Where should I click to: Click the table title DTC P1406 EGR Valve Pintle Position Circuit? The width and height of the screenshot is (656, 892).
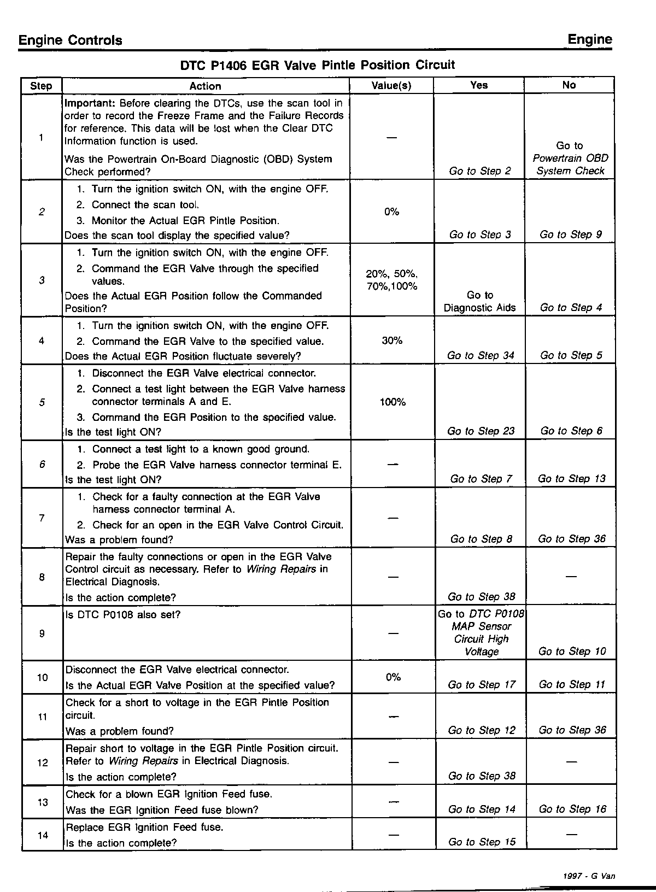(x=317, y=66)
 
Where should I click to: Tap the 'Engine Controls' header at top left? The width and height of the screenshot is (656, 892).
(x=70, y=40)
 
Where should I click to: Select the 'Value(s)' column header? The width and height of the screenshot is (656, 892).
(x=391, y=85)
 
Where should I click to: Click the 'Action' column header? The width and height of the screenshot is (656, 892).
(x=205, y=86)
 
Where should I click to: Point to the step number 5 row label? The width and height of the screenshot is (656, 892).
(x=42, y=403)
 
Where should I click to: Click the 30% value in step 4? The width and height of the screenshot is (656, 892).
(x=392, y=341)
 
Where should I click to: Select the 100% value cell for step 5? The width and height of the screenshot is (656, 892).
(x=393, y=402)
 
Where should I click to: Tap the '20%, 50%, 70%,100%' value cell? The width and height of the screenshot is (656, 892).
(x=392, y=280)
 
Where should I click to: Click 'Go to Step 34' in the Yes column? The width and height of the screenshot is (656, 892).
(x=481, y=356)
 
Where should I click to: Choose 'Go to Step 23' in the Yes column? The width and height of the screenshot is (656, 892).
(x=481, y=431)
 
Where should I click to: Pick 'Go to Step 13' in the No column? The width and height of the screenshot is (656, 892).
(x=572, y=479)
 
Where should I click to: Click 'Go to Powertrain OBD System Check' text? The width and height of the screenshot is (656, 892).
(x=570, y=159)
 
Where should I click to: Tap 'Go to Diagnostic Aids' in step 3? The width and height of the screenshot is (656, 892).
(x=479, y=302)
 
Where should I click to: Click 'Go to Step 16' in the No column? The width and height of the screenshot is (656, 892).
(x=572, y=809)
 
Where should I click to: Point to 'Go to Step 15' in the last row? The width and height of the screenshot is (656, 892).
(x=482, y=842)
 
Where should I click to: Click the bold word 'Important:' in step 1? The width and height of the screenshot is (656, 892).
(x=90, y=103)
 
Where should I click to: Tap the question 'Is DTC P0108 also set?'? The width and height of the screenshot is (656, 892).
(x=123, y=615)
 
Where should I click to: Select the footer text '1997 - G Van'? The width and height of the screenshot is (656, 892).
(x=589, y=876)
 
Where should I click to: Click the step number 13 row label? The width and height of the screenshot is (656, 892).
(x=43, y=802)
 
